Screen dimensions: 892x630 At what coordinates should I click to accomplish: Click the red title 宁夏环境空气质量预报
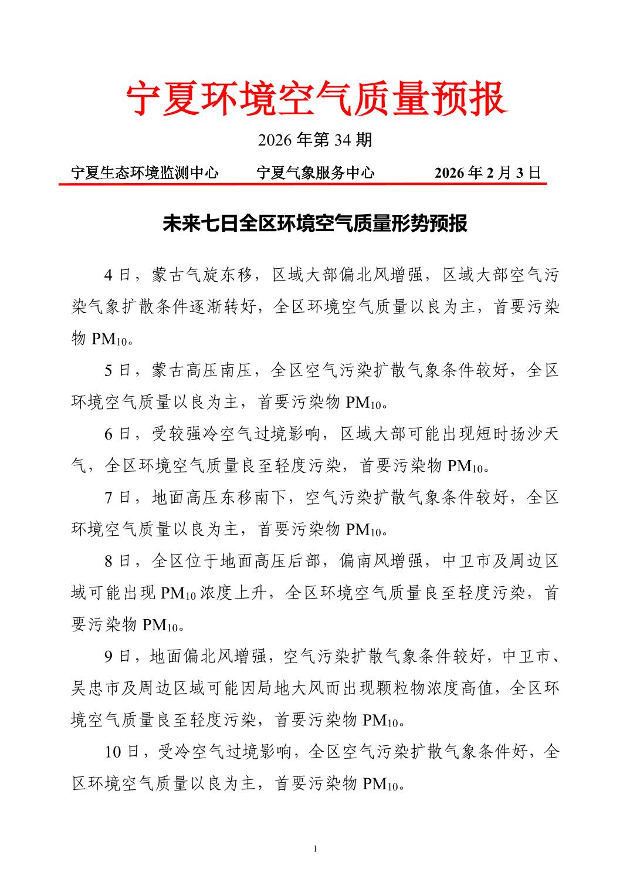click(316, 99)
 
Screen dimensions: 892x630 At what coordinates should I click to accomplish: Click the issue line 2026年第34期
click(315, 140)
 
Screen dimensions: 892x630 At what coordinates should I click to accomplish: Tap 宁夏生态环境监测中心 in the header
click(144, 173)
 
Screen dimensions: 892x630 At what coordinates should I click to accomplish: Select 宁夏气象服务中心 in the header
click(316, 173)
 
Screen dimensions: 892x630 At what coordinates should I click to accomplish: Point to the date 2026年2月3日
click(487, 173)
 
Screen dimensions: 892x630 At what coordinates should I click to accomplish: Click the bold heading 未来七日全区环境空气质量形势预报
click(315, 224)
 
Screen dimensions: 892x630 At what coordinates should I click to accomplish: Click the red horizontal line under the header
click(302, 184)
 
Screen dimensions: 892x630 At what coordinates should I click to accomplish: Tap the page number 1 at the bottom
click(315, 849)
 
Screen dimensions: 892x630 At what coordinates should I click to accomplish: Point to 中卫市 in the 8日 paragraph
click(466, 561)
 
